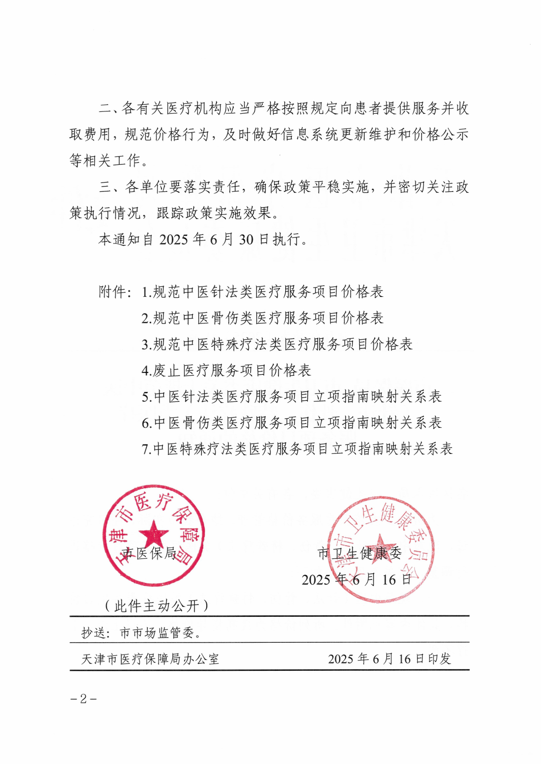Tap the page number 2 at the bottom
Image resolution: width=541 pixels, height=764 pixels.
point(83,698)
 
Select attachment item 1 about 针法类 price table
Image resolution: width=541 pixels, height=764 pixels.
point(263,292)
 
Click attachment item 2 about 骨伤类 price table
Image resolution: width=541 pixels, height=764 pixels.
point(263,318)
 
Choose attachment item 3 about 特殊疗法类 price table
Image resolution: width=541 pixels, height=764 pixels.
point(277,344)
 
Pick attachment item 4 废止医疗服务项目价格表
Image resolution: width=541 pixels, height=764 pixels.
point(226,370)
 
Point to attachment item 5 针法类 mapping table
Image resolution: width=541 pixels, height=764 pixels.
point(292,396)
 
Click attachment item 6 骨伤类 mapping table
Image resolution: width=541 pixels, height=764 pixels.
point(292,422)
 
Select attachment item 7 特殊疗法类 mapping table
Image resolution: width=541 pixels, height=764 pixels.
point(298,449)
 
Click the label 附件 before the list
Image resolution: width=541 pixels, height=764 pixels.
point(113,292)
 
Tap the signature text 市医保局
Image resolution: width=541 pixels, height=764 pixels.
point(149,553)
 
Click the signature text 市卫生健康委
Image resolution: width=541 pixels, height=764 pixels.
point(359,553)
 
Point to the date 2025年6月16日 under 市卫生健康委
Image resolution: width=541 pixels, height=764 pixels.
point(356,580)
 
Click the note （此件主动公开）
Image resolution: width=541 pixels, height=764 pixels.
point(157,606)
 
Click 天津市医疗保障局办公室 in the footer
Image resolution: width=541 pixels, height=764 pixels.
point(150,659)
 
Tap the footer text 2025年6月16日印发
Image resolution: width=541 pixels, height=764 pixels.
point(389,659)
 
